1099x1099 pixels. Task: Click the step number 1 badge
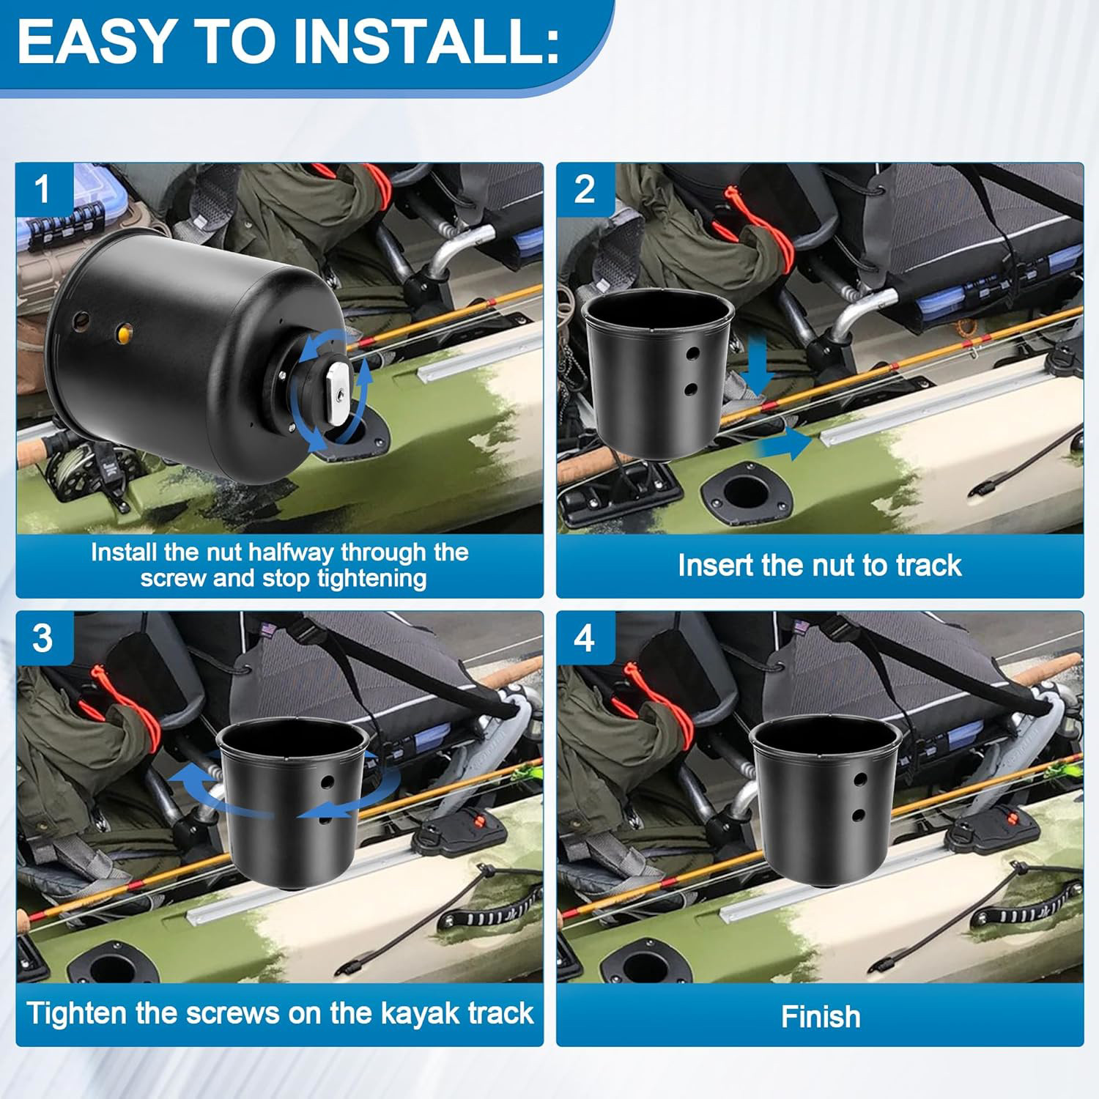pyautogui.click(x=42, y=189)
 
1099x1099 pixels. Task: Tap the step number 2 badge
pyautogui.click(x=584, y=189)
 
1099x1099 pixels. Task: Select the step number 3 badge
pyautogui.click(x=42, y=637)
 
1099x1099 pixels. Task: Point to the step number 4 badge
pyautogui.click(x=584, y=637)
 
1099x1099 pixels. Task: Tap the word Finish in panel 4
pyautogui.click(x=820, y=1017)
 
